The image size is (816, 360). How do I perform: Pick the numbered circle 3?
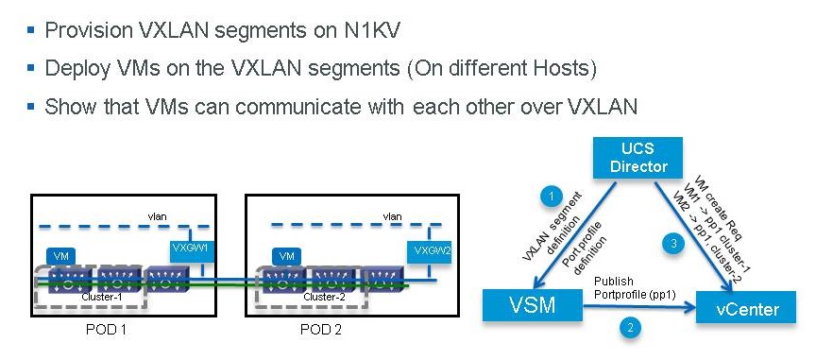click(672, 245)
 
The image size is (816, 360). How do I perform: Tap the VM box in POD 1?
click(59, 256)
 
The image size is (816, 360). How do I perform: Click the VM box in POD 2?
click(286, 256)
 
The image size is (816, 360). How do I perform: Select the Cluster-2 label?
click(323, 296)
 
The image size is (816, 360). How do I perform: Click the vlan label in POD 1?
click(156, 216)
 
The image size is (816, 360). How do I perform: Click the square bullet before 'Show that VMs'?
click(31, 106)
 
